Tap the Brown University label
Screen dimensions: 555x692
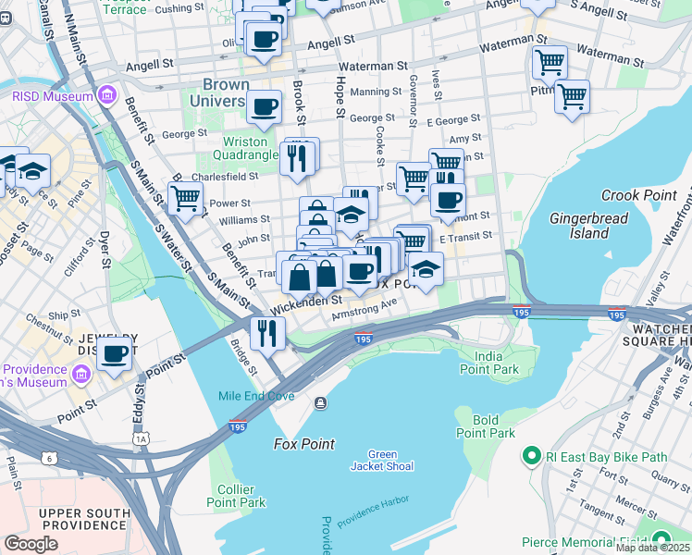click(219, 92)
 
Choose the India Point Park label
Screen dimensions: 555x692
click(496, 363)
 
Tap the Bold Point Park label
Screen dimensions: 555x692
click(486, 426)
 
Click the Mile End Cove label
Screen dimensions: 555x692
click(256, 396)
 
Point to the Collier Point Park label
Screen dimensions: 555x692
click(241, 496)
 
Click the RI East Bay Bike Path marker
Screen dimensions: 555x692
click(531, 456)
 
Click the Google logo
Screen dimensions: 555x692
click(31, 544)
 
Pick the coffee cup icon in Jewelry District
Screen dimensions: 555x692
click(114, 352)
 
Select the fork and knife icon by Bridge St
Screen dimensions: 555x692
click(267, 331)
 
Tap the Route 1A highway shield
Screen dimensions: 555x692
click(141, 438)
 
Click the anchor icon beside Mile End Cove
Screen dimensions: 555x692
click(320, 402)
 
